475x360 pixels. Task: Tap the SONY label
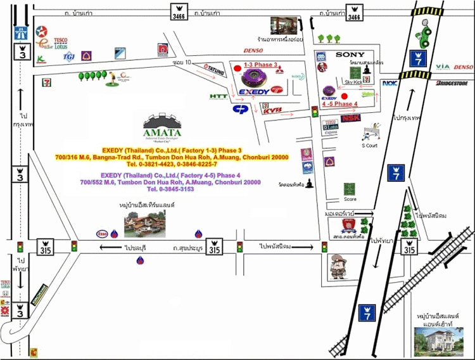coord(350,55)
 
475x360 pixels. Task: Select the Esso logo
coord(102,233)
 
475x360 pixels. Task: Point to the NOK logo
coord(389,82)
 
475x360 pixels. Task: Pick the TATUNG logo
coord(214,70)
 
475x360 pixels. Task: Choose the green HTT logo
coord(219,96)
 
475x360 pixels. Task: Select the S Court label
coord(369,146)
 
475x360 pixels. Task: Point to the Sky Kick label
coord(354,82)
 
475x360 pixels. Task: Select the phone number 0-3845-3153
coord(170,189)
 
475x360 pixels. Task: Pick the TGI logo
coord(68,56)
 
